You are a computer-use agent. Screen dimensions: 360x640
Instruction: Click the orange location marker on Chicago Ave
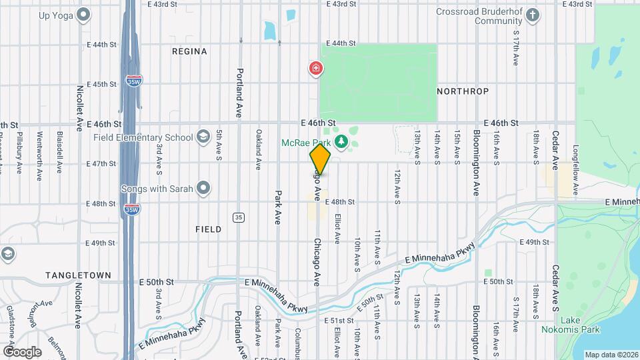point(320,159)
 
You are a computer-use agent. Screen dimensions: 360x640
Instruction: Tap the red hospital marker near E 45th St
point(315,69)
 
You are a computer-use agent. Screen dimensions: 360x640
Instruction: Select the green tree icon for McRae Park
point(341,141)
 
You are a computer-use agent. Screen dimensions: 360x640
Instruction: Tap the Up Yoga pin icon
point(83,14)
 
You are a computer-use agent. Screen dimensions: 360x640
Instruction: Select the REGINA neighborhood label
point(189,51)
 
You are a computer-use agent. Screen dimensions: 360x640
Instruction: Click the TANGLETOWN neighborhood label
point(72,275)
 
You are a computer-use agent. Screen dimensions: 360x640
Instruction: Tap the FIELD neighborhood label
point(209,229)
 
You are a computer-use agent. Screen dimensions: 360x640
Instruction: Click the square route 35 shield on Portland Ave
point(238,217)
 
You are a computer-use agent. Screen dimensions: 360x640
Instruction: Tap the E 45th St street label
point(101,84)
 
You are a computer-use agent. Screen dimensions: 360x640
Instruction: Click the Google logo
point(22,351)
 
